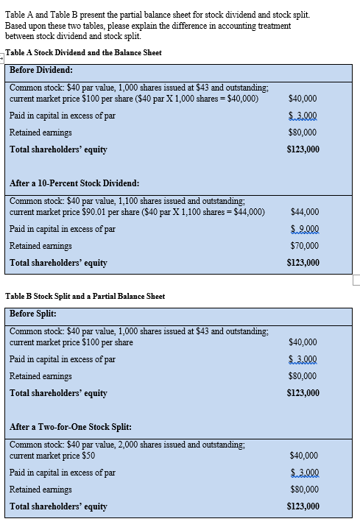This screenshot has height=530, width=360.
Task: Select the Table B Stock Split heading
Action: click(x=85, y=296)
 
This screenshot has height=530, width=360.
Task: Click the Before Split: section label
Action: click(x=34, y=313)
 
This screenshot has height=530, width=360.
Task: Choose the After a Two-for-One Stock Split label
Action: click(x=71, y=426)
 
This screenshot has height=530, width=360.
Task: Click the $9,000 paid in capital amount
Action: click(x=303, y=228)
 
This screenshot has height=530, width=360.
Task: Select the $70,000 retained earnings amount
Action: click(x=303, y=245)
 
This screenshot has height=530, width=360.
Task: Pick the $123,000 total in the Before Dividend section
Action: click(x=303, y=149)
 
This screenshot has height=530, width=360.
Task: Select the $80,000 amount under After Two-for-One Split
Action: click(x=303, y=489)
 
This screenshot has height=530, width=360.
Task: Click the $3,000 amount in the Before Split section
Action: click(x=303, y=359)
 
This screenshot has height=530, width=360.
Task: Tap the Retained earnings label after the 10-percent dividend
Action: click(x=40, y=245)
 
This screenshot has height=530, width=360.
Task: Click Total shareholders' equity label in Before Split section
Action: click(x=58, y=393)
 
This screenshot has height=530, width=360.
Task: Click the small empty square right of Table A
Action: click(x=356, y=279)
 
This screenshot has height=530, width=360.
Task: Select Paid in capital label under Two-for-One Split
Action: click(x=62, y=472)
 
